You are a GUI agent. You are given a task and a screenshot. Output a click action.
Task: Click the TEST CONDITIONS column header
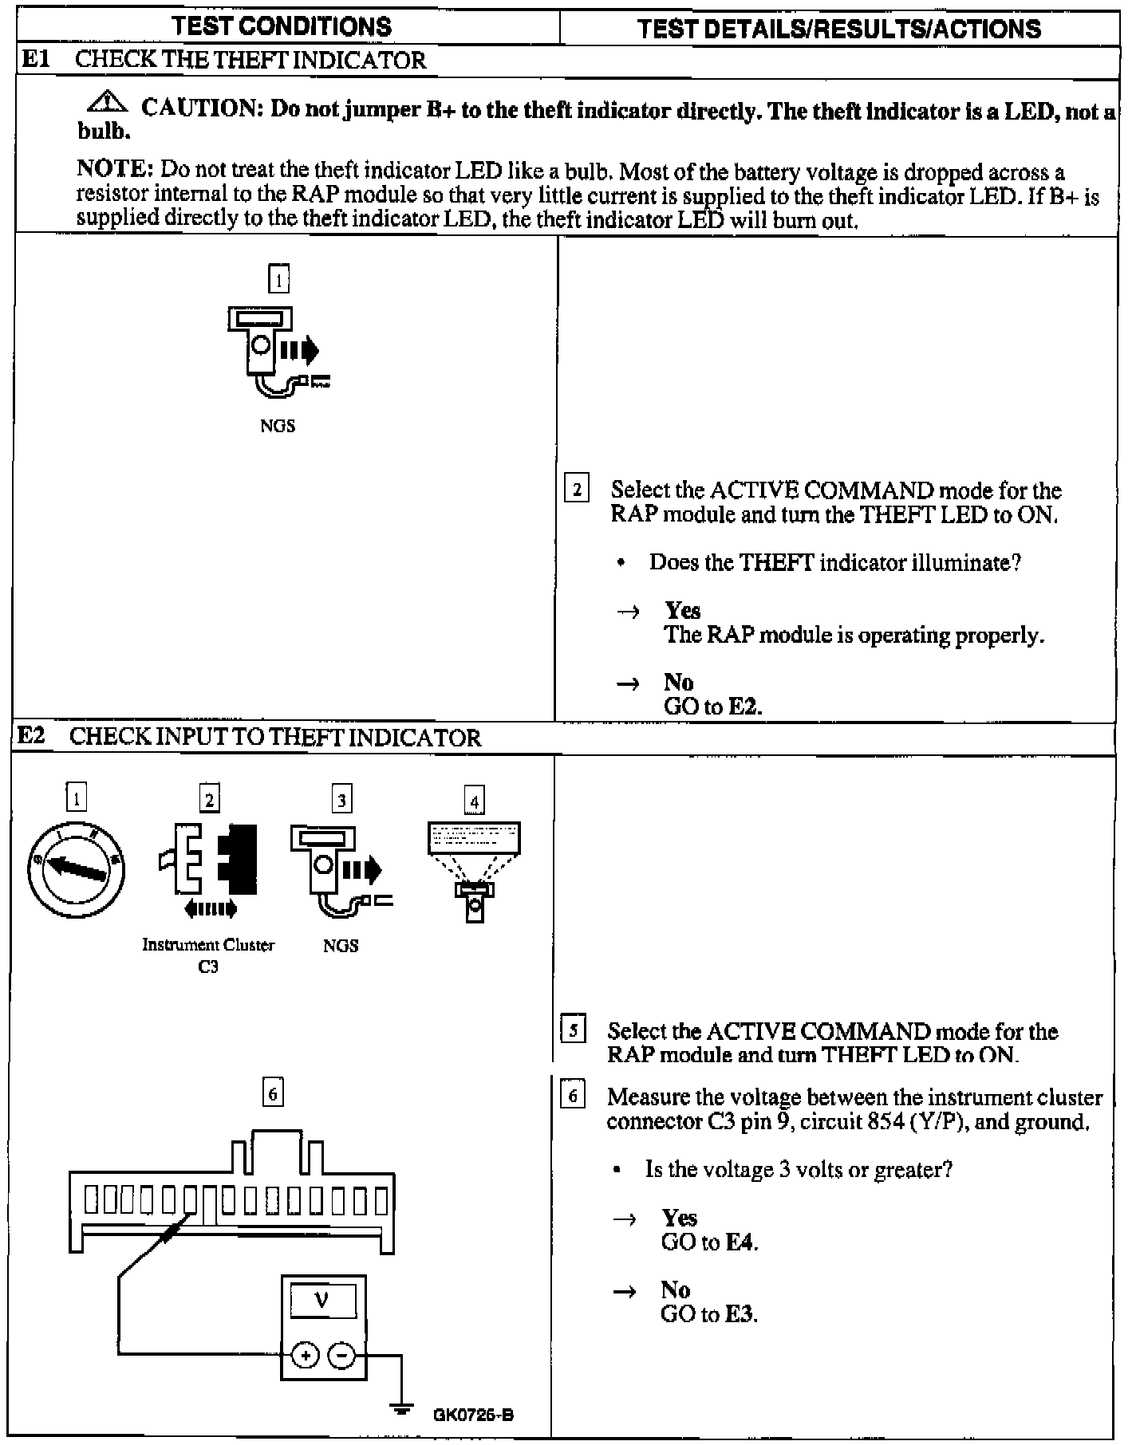282,26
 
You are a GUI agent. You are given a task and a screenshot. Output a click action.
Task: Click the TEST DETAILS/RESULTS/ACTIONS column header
839,29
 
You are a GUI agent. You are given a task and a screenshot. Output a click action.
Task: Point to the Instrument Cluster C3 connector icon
209,870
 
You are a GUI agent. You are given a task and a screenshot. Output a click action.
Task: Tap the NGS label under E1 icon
277,427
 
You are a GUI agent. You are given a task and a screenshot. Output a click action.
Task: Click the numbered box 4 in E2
475,800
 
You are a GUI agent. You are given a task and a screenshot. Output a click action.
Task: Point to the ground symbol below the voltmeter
402,1409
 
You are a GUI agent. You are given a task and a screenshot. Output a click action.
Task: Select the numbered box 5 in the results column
573,1030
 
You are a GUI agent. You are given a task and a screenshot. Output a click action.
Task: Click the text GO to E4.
709,1242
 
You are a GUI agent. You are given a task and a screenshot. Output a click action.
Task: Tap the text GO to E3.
708,1313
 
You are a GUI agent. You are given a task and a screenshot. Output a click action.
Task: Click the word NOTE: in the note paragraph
114,170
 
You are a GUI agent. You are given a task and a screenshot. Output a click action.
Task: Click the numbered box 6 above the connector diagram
273,1093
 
